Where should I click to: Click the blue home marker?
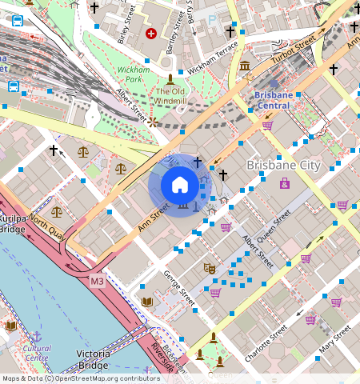180,185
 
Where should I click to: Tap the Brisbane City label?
283,166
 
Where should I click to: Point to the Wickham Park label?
130,75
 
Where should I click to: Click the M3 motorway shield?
97,282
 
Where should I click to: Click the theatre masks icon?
210,269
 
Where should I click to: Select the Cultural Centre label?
36,353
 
